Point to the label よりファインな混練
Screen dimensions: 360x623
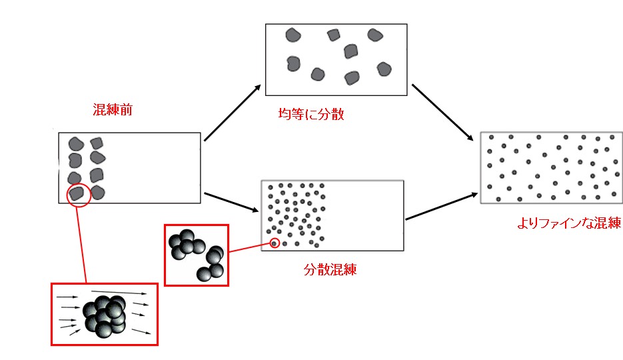[568, 224]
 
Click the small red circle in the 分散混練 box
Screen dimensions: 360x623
[275, 243]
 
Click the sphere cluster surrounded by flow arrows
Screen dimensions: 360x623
[104, 315]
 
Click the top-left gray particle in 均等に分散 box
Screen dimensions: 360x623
[293, 35]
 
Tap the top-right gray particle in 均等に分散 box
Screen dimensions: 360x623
[374, 35]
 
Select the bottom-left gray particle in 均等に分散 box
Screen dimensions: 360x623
[293, 64]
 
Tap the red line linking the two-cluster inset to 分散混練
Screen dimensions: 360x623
[249, 248]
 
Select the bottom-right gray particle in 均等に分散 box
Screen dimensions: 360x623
[383, 69]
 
